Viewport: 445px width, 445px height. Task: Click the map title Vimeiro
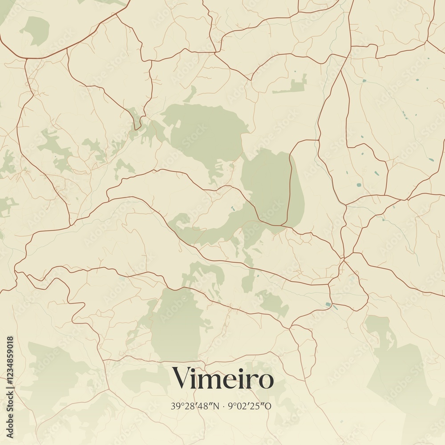coord(222,379)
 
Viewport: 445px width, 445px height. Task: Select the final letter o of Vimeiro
coord(266,381)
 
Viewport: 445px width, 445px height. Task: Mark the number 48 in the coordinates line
coord(204,406)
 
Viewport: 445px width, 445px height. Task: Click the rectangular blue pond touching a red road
coord(328,304)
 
